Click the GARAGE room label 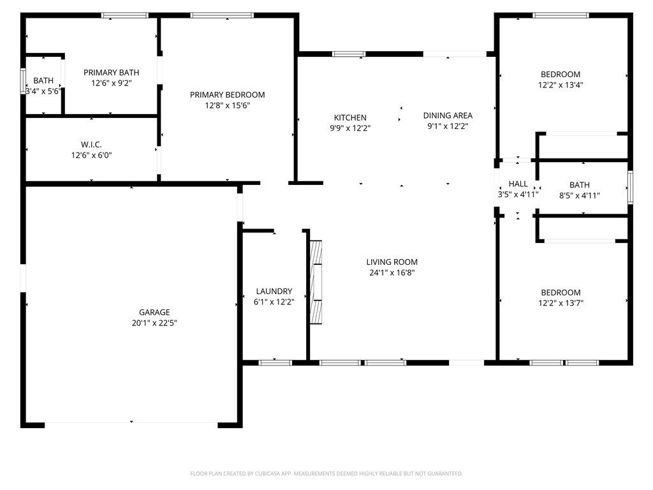154,312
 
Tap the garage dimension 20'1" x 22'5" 154,323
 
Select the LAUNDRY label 274,291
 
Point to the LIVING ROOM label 392,262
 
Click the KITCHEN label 350,117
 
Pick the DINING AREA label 448,115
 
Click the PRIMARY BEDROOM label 228,94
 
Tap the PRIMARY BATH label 111,73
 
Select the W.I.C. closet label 91,145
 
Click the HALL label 518,184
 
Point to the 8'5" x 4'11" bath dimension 579,195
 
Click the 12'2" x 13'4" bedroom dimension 561,85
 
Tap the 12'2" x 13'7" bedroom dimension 561,303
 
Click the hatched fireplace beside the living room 316,282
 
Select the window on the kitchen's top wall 349,54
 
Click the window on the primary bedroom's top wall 222,15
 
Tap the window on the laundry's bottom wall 275,362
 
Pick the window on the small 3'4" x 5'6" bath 24,81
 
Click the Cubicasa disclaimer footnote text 326,473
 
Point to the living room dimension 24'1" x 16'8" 392,273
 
